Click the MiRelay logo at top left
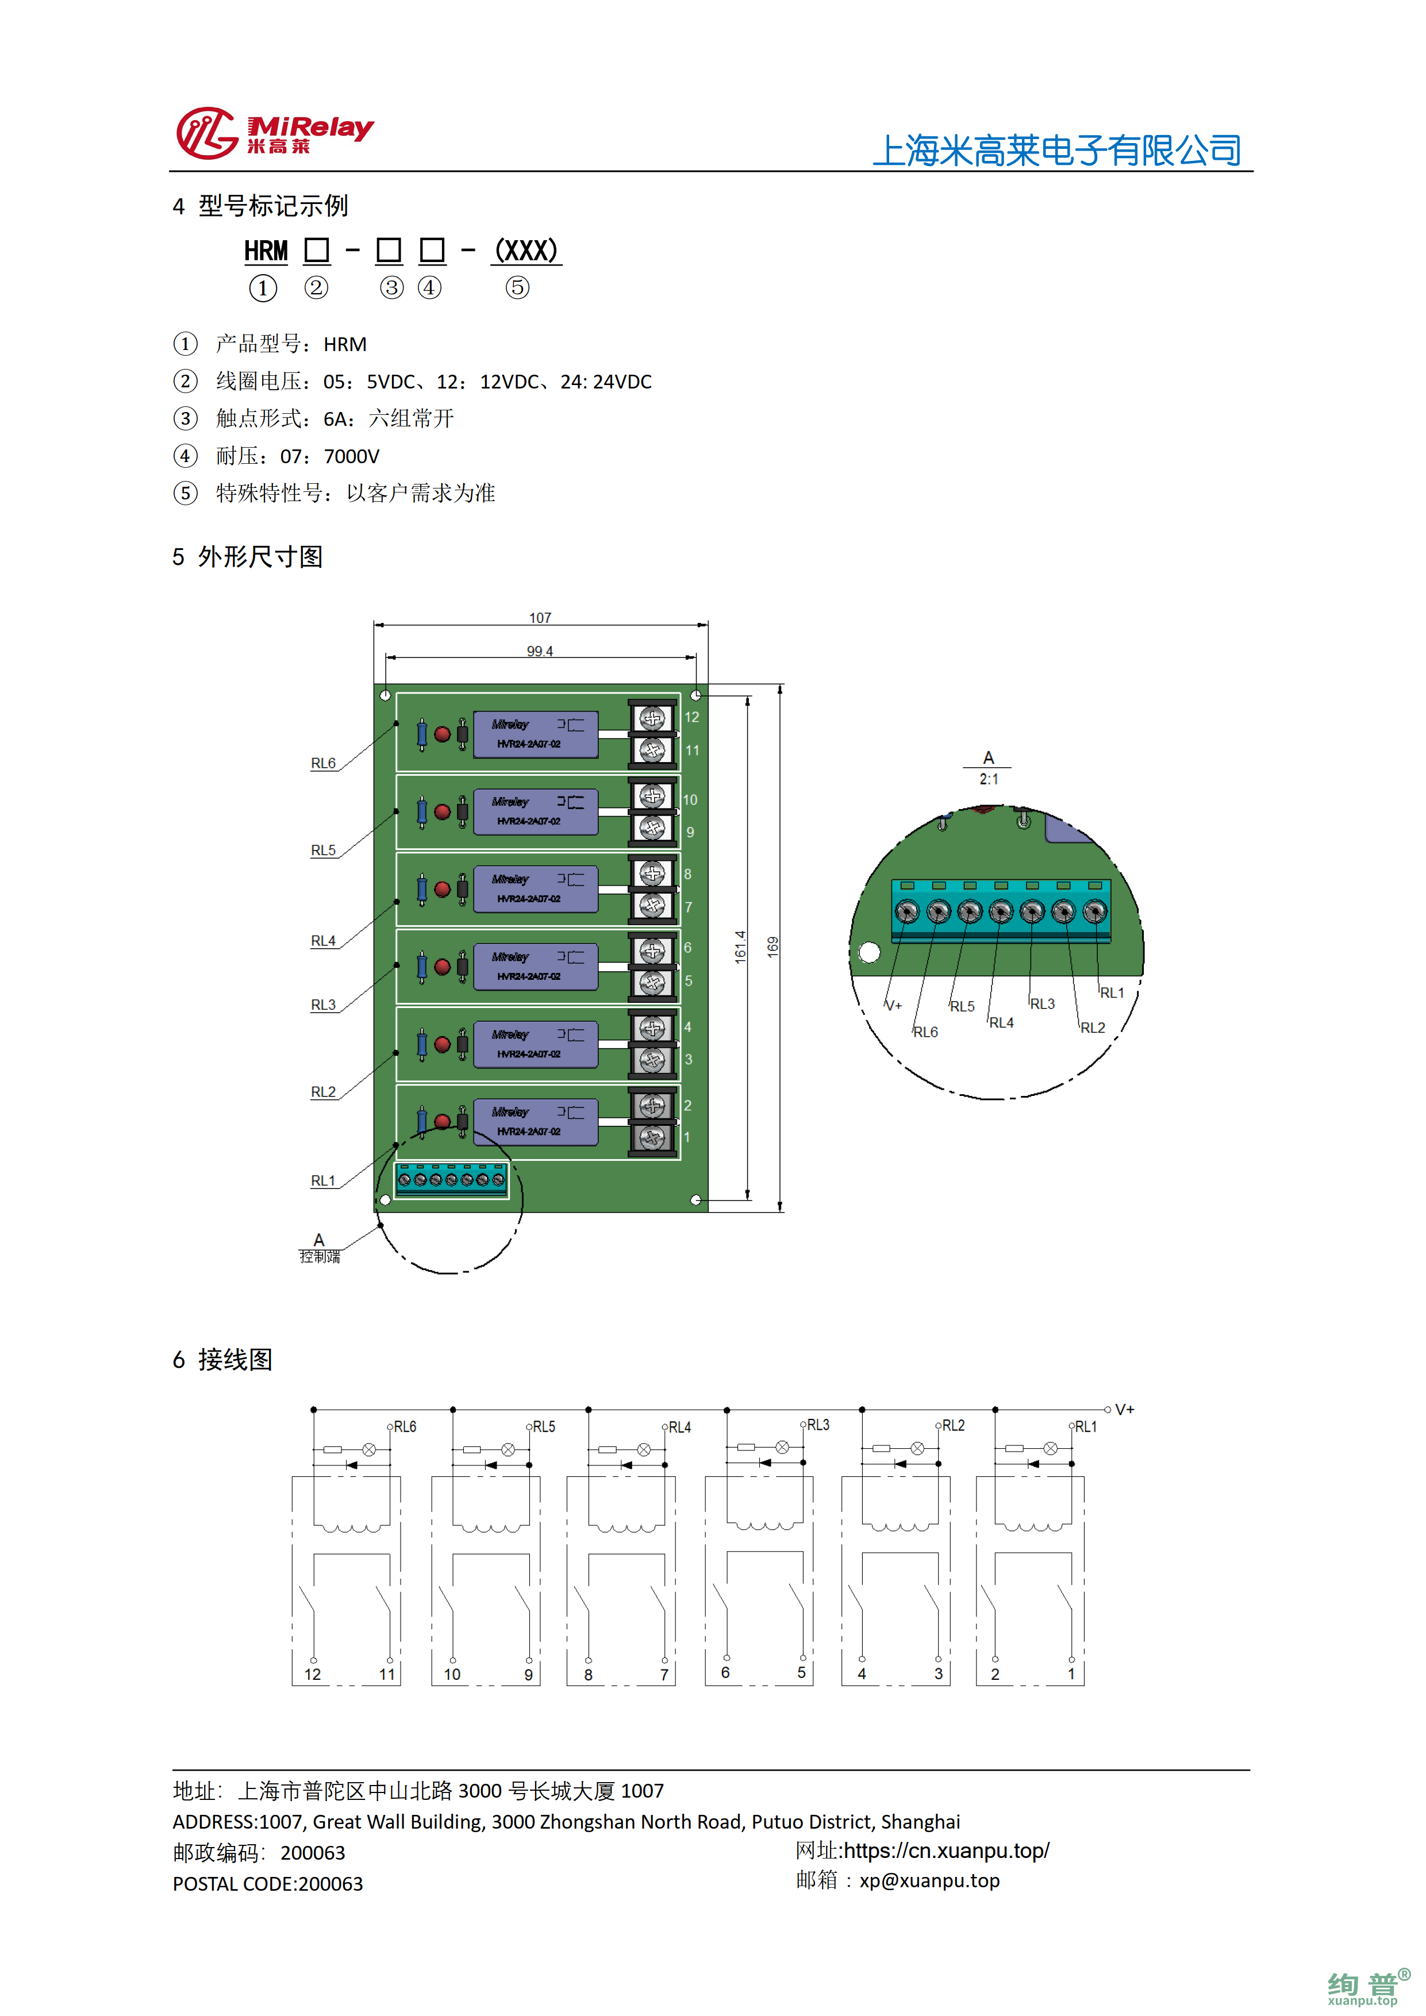point(274,133)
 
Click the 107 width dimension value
point(540,618)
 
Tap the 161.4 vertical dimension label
point(740,948)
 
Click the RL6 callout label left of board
point(323,763)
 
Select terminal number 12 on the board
point(692,717)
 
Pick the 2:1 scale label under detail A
point(989,779)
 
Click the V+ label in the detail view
point(893,1005)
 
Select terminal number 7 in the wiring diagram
point(664,1675)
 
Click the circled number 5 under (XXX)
point(517,287)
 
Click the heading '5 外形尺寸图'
point(248,557)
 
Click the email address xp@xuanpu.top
point(929,1881)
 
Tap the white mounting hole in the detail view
point(869,952)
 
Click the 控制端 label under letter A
point(320,1256)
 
